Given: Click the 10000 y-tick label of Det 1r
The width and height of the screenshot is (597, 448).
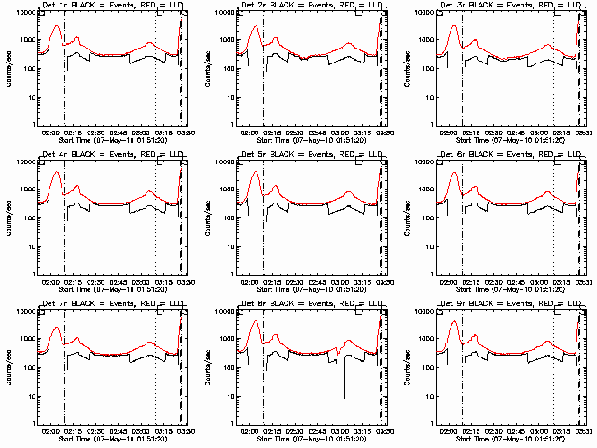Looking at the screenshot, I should [x=24, y=13].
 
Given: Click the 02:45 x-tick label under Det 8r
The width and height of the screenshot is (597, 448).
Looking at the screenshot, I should [x=316, y=431].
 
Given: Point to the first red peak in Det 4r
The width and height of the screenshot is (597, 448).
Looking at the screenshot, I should [x=55, y=173].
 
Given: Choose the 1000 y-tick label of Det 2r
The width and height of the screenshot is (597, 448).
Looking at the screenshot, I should [x=227, y=41].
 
